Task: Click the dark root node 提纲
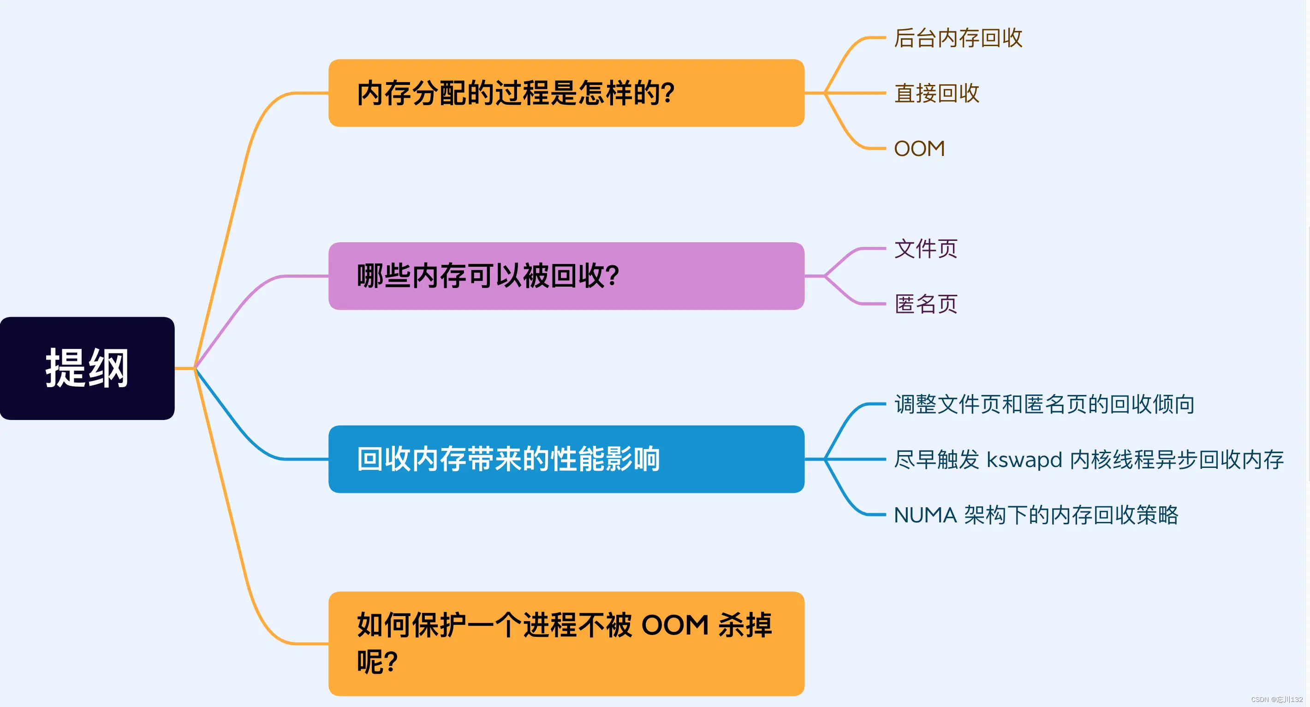coord(87,368)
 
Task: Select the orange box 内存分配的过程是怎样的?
coord(566,93)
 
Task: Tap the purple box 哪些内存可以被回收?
coord(566,276)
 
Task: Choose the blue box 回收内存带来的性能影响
coord(566,459)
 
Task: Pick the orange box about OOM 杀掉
coord(566,643)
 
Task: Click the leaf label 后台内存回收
coord(958,38)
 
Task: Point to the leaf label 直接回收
coord(937,94)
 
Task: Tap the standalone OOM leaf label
coord(919,149)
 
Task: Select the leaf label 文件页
coord(926,249)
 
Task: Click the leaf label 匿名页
coord(926,304)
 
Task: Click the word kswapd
coord(1024,460)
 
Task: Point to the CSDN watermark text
coord(1276,700)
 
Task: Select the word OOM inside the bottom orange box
coord(675,625)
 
